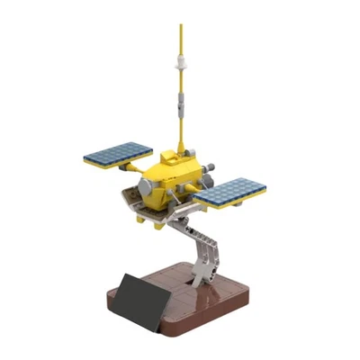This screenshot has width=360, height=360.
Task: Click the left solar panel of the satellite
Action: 118,154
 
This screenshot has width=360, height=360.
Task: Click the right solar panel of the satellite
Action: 229,191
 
